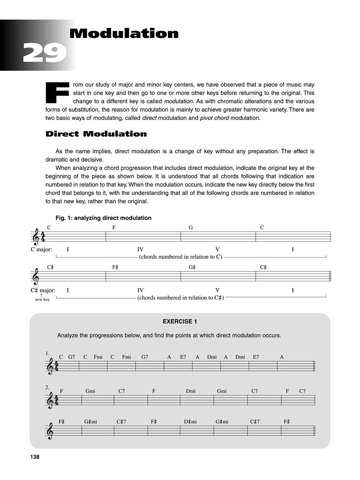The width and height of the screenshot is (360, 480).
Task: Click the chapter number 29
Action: point(45,53)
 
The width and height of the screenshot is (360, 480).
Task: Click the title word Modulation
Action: point(124,33)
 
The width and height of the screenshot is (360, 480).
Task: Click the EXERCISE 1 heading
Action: point(180,321)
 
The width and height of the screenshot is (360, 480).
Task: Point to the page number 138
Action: point(35,457)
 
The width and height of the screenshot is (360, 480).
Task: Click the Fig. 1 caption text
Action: point(103,218)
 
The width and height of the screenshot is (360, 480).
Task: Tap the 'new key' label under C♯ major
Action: point(42,299)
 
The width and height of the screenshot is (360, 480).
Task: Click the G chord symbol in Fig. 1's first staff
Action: point(191,227)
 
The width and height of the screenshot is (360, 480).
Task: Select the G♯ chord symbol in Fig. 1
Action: point(192,267)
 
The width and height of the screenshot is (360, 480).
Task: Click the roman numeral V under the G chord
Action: point(217,250)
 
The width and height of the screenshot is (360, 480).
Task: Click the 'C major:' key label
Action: point(41,250)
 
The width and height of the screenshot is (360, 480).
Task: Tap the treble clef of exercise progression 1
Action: point(50,367)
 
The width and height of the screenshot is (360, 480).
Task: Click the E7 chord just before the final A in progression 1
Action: point(256,357)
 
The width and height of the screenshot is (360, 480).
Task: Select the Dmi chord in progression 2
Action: point(191,391)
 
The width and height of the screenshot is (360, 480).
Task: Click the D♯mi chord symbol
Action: point(190,422)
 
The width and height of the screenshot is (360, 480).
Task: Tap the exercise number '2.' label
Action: point(47,387)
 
